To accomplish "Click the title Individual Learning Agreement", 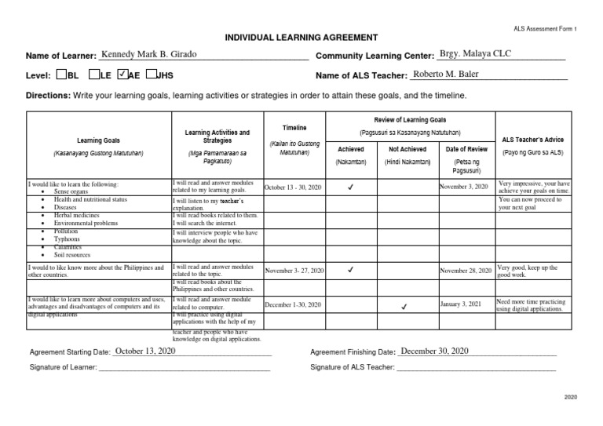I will pos(301,38).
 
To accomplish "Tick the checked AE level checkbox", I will pos(121,76).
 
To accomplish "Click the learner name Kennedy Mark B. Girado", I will pos(148,55).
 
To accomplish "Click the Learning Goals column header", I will pos(98,140).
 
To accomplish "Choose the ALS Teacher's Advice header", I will pos(537,140).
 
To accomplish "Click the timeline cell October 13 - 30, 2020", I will pos(294,188).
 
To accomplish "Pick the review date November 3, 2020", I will pos(464,187).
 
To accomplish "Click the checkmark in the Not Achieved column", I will pos(404,305).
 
